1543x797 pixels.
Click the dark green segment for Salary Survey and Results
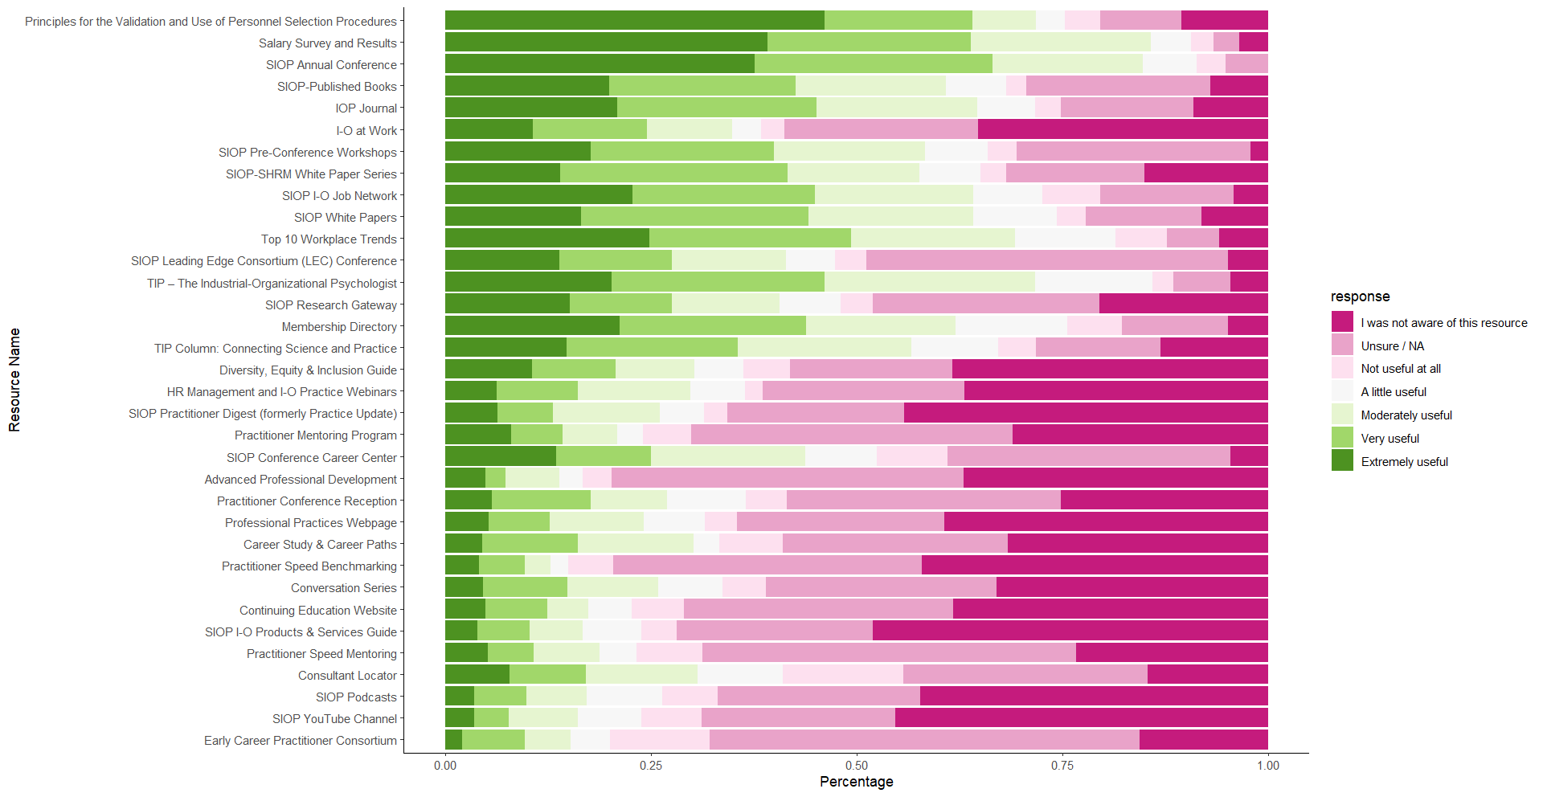(606, 43)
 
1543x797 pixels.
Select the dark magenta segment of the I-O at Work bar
(1123, 129)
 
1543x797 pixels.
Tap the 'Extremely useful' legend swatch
(1342, 461)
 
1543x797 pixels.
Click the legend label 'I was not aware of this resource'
(1443, 323)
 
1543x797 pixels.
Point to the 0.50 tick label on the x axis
(857, 765)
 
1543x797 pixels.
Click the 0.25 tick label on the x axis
(651, 765)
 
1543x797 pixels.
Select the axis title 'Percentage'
(856, 782)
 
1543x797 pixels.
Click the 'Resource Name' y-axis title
(14, 379)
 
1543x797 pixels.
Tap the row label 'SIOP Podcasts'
(356, 697)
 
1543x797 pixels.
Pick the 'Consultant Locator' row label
(347, 676)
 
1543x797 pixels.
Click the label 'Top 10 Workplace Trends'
(329, 239)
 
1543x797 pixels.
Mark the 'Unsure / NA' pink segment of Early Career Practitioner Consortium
(924, 740)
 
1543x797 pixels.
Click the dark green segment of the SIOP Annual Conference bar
(600, 64)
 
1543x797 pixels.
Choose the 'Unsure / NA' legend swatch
(1342, 345)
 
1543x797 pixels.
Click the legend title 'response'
(1360, 296)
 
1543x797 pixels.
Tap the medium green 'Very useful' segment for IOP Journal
(717, 108)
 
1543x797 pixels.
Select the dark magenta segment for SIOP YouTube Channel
(1081, 718)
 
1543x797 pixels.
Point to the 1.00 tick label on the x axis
(1267, 765)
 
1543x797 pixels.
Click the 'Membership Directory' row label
(339, 327)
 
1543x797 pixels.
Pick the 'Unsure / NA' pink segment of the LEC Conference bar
(1046, 260)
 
